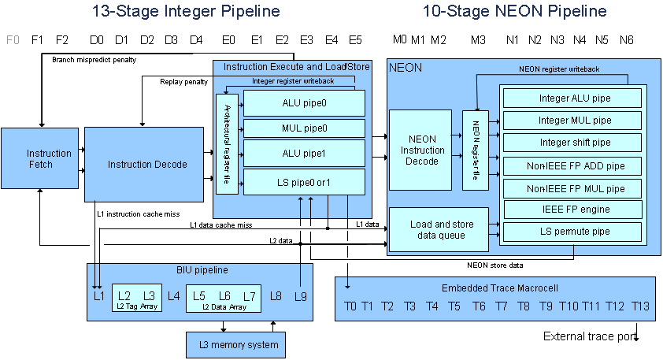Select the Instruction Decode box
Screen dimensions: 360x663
[x=147, y=164]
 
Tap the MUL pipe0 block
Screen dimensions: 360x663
[x=304, y=128]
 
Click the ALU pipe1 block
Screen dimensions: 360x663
[x=304, y=153]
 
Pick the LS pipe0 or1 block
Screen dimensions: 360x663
[x=304, y=182]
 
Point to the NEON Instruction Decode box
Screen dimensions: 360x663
[x=423, y=150]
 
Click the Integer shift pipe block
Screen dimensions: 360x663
[x=575, y=142]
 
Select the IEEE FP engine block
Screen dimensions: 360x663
[x=575, y=210]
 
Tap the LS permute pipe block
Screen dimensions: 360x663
[x=575, y=232]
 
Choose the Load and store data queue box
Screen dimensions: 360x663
[x=438, y=229]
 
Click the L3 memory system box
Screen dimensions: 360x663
[x=236, y=344]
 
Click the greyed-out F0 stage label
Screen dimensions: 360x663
[x=12, y=39]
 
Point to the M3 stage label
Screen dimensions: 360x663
[x=478, y=39]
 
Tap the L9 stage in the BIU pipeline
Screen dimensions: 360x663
[x=300, y=296]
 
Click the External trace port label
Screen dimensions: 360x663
[x=587, y=336]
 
